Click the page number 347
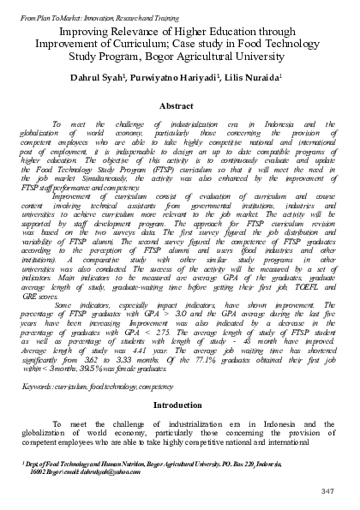pos(326,489)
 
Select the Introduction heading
pos(179,405)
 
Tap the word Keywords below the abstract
pos(36,387)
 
